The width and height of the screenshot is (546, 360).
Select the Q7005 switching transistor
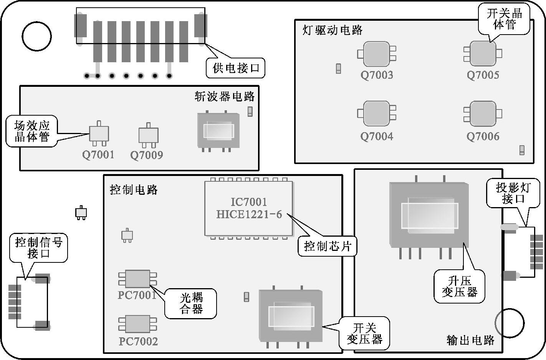click(x=483, y=53)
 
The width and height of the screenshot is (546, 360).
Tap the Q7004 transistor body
click(x=377, y=114)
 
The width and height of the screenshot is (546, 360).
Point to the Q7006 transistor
click(x=483, y=114)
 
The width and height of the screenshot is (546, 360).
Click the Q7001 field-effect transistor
click(x=99, y=133)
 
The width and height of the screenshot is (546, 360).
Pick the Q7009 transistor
click(x=148, y=135)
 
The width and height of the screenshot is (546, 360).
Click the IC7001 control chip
click(x=249, y=208)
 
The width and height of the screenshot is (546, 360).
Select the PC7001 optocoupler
click(x=137, y=279)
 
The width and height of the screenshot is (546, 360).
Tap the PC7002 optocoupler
click(x=137, y=324)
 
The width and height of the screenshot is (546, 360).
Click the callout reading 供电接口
click(x=236, y=68)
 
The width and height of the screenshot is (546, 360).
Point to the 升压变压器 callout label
click(x=459, y=286)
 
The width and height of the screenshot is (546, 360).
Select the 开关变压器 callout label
click(x=364, y=333)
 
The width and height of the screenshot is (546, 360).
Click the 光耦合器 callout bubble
click(x=191, y=304)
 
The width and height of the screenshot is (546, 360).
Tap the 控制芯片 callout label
click(x=328, y=246)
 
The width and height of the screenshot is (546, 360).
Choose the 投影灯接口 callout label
click(x=513, y=193)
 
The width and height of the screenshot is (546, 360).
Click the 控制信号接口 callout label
click(x=38, y=248)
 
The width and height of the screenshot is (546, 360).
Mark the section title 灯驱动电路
click(x=333, y=30)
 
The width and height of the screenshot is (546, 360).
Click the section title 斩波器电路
click(x=224, y=96)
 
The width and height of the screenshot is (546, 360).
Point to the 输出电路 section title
click(x=470, y=340)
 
